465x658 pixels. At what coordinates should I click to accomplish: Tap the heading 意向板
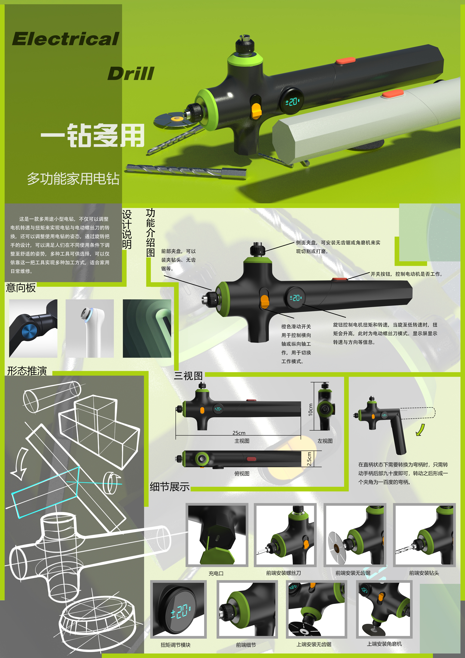[21, 287]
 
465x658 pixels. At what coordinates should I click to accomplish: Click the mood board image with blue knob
[33, 328]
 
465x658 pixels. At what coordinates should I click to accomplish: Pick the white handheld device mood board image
[90, 328]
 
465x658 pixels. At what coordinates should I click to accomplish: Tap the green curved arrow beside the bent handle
[420, 430]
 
